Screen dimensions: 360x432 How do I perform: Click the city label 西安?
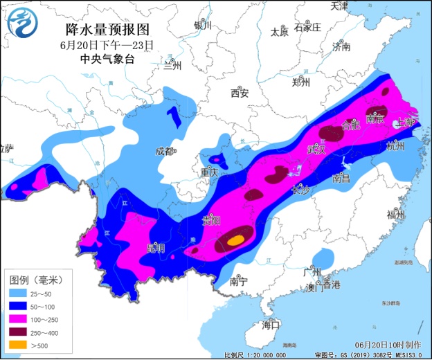pos(240,93)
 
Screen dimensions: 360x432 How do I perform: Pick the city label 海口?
pos(271,325)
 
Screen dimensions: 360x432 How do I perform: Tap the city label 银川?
pos(202,26)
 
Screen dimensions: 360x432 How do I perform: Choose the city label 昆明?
pos(156,248)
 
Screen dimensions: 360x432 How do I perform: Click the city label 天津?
pos(339,6)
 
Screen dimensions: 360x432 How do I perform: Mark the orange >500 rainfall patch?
pos(236,240)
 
